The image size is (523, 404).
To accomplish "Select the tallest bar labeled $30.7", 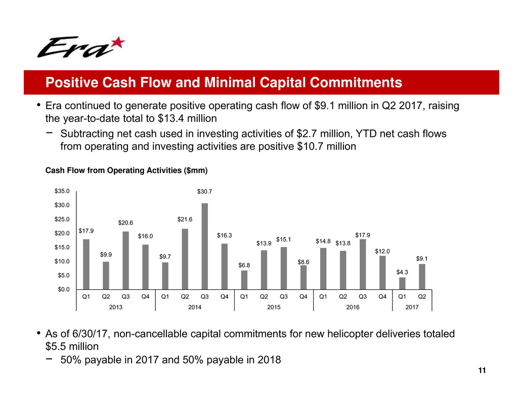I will coord(205,246).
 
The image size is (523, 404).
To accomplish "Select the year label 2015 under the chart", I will coord(274,307).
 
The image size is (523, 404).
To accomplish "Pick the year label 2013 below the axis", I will coord(116,307).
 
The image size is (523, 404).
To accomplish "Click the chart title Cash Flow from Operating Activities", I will coord(126,171).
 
